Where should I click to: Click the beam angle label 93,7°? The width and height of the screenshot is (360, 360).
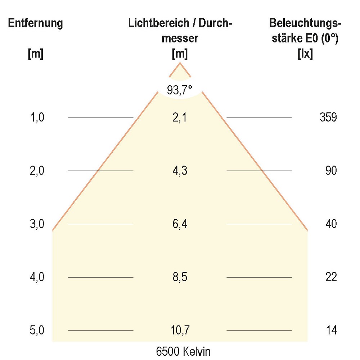click(x=180, y=90)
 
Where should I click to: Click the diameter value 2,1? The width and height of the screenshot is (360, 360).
click(x=180, y=117)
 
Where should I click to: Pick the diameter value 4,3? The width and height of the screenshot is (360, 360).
click(x=180, y=171)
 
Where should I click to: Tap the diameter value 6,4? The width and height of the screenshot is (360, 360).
click(x=180, y=224)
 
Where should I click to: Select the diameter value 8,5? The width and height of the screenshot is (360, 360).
click(x=180, y=277)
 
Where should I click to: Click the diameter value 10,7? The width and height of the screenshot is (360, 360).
click(x=180, y=330)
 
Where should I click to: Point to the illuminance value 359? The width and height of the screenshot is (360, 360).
click(x=328, y=117)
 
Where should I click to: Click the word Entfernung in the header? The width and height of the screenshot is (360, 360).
click(x=36, y=24)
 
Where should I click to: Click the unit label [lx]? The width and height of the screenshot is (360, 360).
click(x=305, y=54)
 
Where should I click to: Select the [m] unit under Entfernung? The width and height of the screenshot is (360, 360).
click(x=36, y=54)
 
